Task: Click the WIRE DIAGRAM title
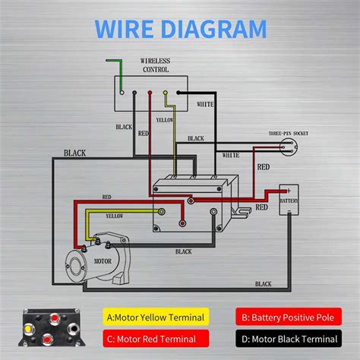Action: pyautogui.click(x=180, y=29)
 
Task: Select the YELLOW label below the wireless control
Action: pyautogui.click(x=165, y=120)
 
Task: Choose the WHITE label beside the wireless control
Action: pyautogui.click(x=205, y=103)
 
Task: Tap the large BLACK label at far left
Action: pyautogui.click(x=74, y=153)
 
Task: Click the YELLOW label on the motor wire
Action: pyautogui.click(x=114, y=216)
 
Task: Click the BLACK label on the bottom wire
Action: pyautogui.click(x=263, y=284)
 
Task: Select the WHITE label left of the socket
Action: pyautogui.click(x=232, y=155)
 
